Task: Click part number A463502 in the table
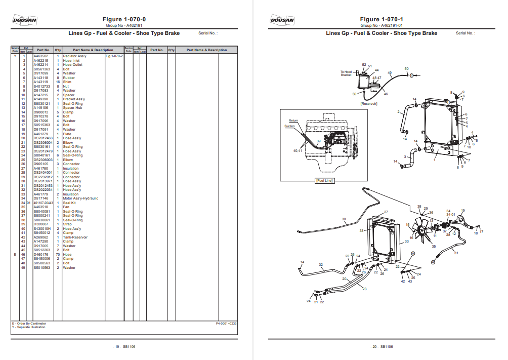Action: click(x=41, y=56)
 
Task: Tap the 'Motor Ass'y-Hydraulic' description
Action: click(x=80, y=198)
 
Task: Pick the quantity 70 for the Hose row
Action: click(x=58, y=255)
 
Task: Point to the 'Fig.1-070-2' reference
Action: click(x=114, y=56)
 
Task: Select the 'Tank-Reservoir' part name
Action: click(x=75, y=237)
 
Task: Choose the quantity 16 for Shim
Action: click(x=58, y=82)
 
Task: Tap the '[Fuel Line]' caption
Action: click(x=324, y=181)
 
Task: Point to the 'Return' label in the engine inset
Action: click(x=293, y=121)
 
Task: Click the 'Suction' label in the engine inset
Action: click(x=289, y=126)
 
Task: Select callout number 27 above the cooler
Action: click(x=386, y=212)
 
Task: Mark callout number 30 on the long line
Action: click(x=344, y=219)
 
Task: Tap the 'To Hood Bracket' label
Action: click(x=346, y=73)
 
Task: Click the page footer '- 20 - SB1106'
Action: click(x=381, y=347)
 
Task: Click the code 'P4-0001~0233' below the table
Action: click(x=226, y=323)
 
